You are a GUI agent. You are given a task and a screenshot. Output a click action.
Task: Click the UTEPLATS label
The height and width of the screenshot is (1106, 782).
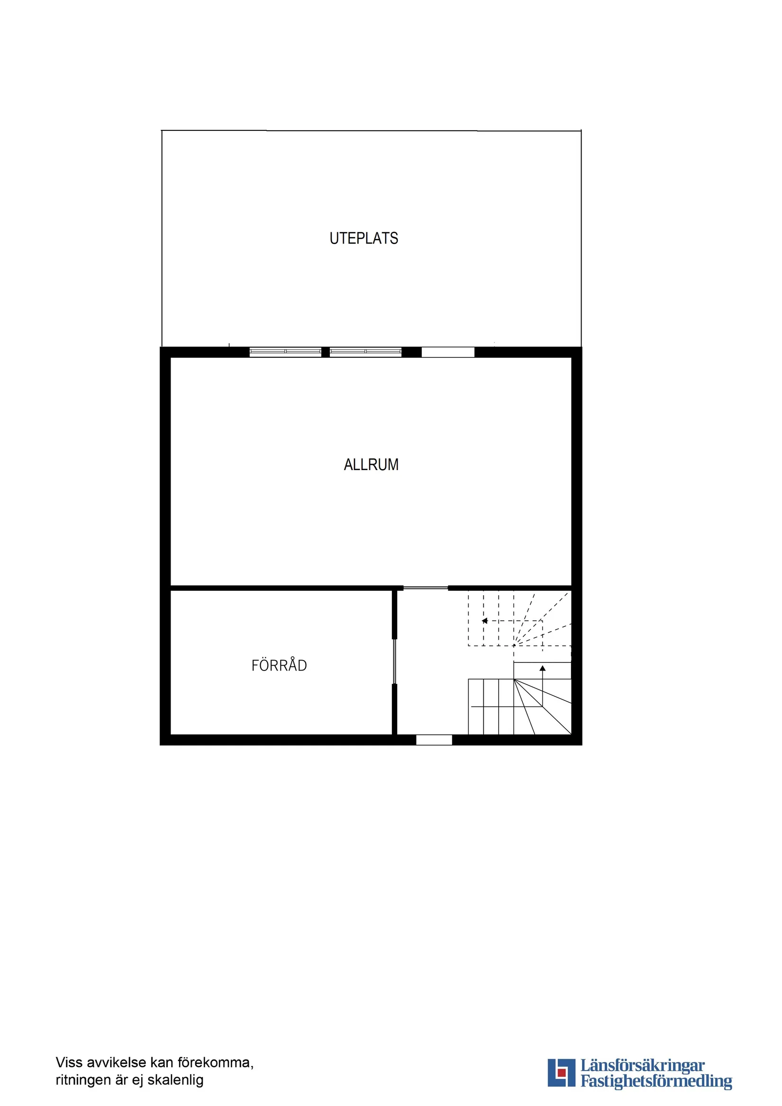(364, 238)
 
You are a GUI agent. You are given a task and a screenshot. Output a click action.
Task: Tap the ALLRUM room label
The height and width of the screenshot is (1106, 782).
(371, 464)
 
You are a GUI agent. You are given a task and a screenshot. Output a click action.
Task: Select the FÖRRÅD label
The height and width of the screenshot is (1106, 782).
(279, 665)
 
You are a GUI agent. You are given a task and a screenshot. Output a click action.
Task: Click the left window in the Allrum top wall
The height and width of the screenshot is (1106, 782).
(285, 352)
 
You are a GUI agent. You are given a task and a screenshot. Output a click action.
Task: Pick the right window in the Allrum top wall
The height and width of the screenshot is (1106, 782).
(365, 352)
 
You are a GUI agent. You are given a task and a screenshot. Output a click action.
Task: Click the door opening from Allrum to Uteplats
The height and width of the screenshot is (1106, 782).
(447, 352)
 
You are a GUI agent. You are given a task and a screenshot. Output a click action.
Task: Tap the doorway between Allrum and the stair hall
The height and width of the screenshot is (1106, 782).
(426, 588)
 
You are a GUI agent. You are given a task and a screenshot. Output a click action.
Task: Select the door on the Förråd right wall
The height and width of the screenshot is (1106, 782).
(394, 661)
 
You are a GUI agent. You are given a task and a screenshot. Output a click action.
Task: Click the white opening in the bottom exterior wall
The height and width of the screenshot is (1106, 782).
(434, 740)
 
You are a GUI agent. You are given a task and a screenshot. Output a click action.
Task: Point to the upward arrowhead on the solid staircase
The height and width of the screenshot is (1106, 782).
(542, 669)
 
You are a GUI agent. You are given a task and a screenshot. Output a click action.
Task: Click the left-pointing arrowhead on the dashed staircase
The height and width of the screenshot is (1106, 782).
(485, 621)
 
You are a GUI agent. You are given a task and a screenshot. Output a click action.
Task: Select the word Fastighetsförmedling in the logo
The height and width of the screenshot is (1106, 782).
(656, 1081)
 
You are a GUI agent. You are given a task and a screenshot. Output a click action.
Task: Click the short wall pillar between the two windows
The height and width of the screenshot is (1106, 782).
(325, 352)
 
